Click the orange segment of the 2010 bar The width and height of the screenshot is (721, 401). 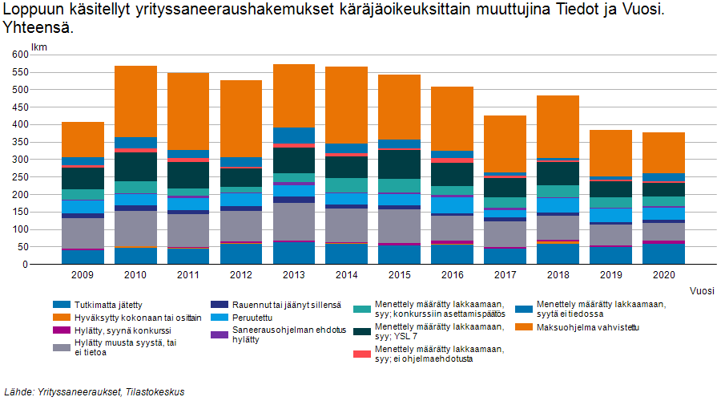click(135, 101)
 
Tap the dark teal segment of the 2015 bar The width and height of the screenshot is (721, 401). click(400, 164)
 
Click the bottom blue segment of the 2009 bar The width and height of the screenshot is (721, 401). click(83, 257)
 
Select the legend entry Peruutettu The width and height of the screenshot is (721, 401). click(254, 317)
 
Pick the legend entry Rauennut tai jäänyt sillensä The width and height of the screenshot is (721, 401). click(286, 305)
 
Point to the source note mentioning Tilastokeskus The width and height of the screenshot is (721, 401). click(95, 392)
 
